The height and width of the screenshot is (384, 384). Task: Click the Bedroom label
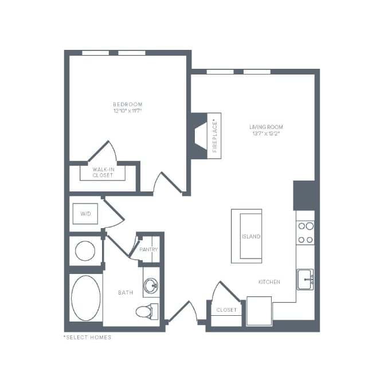(127, 104)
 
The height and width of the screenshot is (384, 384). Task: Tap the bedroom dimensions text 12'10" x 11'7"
(127, 111)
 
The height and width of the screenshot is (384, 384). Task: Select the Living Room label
(266, 127)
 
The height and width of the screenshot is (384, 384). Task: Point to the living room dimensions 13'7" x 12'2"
(266, 134)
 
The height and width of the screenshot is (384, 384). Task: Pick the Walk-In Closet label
(103, 172)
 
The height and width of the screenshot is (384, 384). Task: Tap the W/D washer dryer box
(85, 214)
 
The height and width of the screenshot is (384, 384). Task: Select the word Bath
(126, 293)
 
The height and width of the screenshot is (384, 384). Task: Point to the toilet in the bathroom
(144, 312)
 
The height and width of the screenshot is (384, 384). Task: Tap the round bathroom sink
(151, 285)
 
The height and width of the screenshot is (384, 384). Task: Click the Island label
(252, 236)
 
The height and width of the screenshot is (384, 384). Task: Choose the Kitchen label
(269, 282)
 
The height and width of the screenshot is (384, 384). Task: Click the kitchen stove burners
(305, 233)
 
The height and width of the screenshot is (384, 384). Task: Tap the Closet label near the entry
(226, 310)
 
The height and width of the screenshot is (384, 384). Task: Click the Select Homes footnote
(87, 337)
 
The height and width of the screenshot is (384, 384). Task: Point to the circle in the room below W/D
(85, 250)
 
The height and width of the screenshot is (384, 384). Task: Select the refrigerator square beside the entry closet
(259, 310)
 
